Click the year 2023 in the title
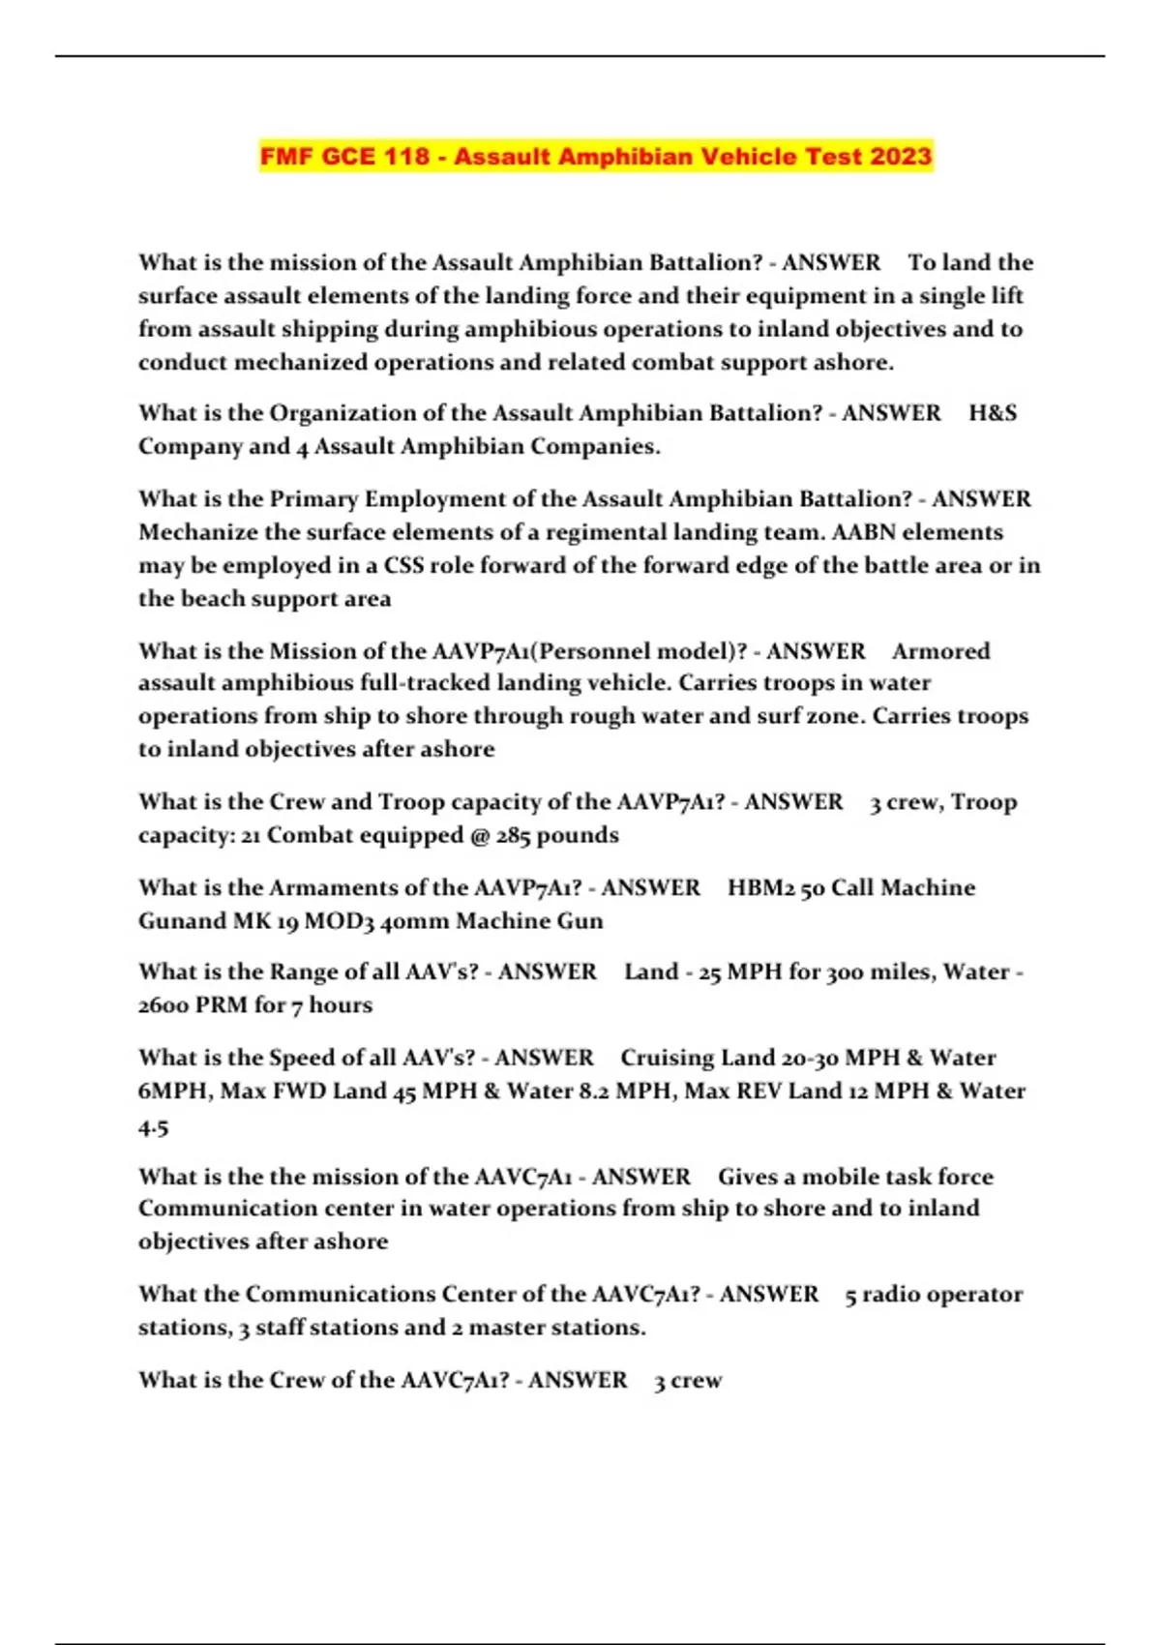pyautogui.click(x=901, y=157)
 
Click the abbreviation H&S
pyautogui.click(x=993, y=413)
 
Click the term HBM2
pyautogui.click(x=761, y=888)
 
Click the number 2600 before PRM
pyautogui.click(x=163, y=1005)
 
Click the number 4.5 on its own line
pyautogui.click(x=153, y=1128)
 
